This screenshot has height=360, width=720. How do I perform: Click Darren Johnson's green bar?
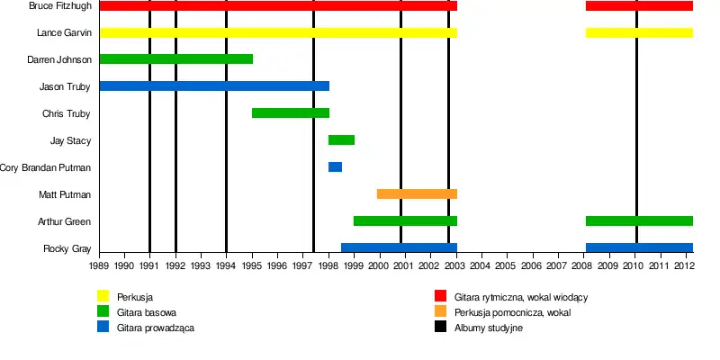click(x=175, y=59)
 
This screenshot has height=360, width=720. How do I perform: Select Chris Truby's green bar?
click(x=290, y=113)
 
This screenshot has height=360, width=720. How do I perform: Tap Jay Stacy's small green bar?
click(x=341, y=140)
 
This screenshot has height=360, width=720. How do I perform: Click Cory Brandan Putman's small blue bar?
click(x=335, y=167)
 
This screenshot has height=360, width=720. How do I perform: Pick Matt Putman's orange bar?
click(x=417, y=194)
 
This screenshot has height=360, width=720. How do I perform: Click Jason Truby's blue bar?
click(x=213, y=86)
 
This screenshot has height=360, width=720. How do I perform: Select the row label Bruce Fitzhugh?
click(x=59, y=6)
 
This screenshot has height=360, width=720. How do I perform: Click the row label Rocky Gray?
click(x=67, y=248)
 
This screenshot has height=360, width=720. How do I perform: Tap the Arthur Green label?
click(x=64, y=221)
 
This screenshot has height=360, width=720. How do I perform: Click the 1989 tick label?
click(x=99, y=266)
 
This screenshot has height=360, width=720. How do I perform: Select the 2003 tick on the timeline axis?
click(x=456, y=266)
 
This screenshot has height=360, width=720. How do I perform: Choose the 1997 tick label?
click(x=303, y=266)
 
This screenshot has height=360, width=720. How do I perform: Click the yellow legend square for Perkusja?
click(x=103, y=296)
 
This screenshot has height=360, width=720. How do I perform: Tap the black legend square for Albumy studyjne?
click(x=441, y=328)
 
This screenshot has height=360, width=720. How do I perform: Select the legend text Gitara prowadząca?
click(x=156, y=328)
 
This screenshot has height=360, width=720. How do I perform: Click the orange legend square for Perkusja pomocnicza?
click(x=441, y=312)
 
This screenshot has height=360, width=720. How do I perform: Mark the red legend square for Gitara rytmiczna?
click(x=441, y=296)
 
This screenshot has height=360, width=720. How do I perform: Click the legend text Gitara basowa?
click(x=147, y=312)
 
